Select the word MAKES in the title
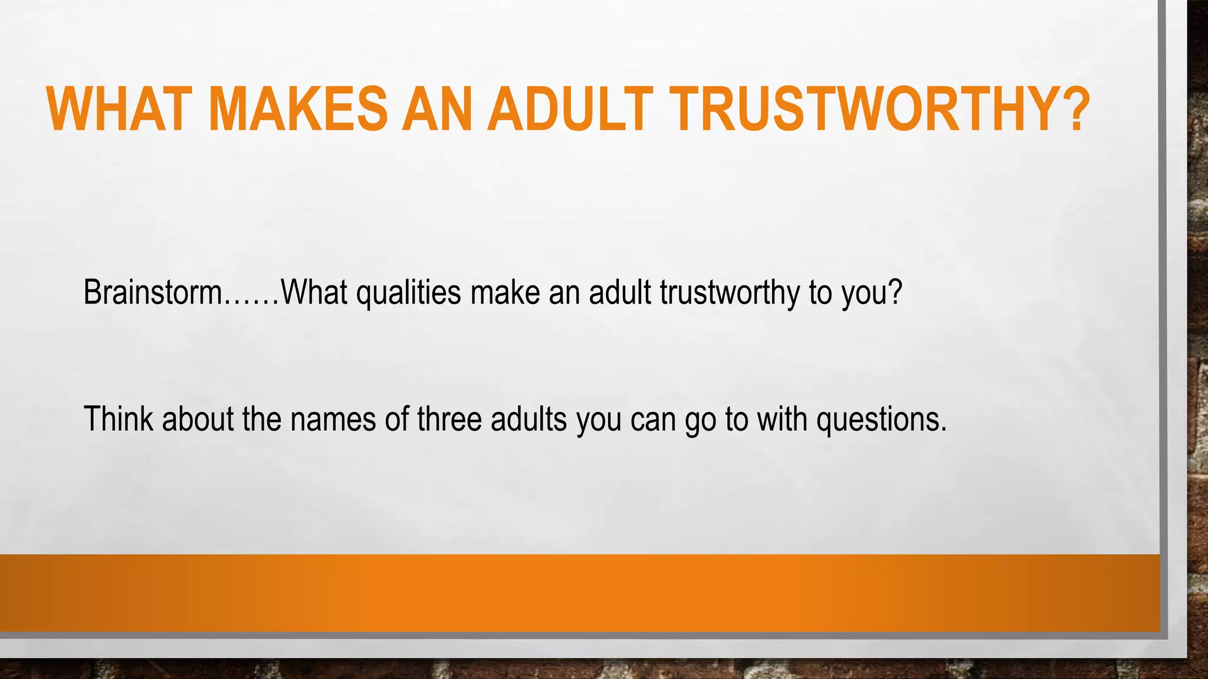[298, 109]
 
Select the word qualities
[408, 293]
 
